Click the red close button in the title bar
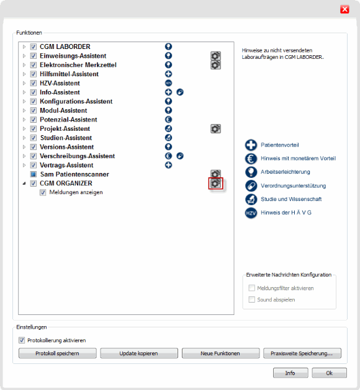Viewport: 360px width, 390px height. coord(344,9)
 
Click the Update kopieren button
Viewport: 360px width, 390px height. coord(138,353)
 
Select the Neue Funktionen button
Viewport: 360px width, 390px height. coord(220,353)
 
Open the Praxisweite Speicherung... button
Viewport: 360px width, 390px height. coord(302,353)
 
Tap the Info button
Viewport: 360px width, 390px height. coord(290,373)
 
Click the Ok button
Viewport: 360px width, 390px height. coord(329,373)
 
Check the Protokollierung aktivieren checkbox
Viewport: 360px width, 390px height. coord(22,340)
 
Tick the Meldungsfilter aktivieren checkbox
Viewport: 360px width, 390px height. coord(252,288)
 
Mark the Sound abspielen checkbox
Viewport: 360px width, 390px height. coord(252,299)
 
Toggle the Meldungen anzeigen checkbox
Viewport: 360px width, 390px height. coord(43,192)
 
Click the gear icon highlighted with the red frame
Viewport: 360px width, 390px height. coord(215,184)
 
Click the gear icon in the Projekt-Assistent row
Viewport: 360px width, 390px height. coord(215,128)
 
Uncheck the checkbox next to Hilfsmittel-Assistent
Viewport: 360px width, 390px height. coord(34,74)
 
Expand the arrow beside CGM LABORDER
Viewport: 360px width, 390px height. coord(24,47)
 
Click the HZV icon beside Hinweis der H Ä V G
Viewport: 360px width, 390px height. coord(251,213)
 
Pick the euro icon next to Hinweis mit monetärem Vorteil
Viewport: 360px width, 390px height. coord(251,158)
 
